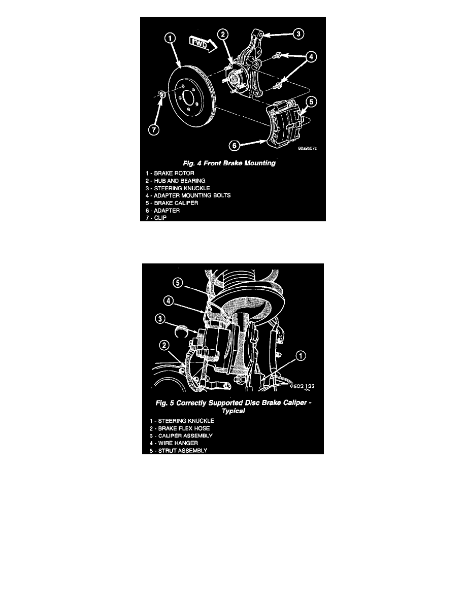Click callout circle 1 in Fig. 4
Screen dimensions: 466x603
(170, 38)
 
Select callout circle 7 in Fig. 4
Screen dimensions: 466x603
(154, 129)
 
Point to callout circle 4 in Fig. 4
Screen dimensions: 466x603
(311, 56)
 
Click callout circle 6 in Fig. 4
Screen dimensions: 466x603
(235, 145)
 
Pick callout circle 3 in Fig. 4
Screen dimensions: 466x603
(299, 34)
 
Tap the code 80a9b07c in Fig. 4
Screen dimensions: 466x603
(308, 148)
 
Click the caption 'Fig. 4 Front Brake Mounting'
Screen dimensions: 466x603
(229, 163)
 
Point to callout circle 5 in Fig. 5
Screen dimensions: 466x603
(177, 283)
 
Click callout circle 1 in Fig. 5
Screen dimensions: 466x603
(301, 356)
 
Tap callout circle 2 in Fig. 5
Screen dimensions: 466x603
(164, 345)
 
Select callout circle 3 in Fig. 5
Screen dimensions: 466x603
(160, 318)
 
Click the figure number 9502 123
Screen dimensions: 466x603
(302, 386)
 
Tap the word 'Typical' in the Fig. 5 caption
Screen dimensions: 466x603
(234, 411)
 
